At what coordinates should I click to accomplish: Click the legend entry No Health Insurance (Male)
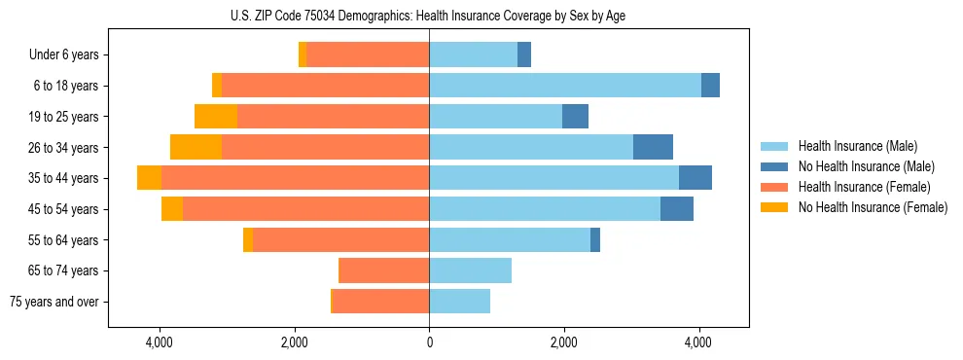[x=866, y=166]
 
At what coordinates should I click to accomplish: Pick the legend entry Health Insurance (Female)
[x=864, y=187]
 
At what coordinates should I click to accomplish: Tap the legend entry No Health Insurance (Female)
[x=873, y=207]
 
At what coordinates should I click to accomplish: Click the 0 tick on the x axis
[x=429, y=343]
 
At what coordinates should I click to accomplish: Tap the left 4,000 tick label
[x=159, y=343]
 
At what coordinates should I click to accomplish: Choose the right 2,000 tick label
[x=563, y=343]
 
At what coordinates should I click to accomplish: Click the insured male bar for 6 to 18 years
[x=564, y=86]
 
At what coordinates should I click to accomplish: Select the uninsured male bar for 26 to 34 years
[x=653, y=147]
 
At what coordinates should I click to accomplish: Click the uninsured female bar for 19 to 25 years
[x=216, y=117]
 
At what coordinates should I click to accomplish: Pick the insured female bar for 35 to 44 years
[x=295, y=178]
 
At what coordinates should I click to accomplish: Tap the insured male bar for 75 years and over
[x=459, y=302]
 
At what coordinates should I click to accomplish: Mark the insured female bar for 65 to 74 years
[x=384, y=270]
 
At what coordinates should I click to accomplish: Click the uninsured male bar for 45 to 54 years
[x=676, y=209]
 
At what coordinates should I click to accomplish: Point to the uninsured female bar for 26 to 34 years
[x=196, y=147]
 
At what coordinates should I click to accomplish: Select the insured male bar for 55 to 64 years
[x=510, y=239]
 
